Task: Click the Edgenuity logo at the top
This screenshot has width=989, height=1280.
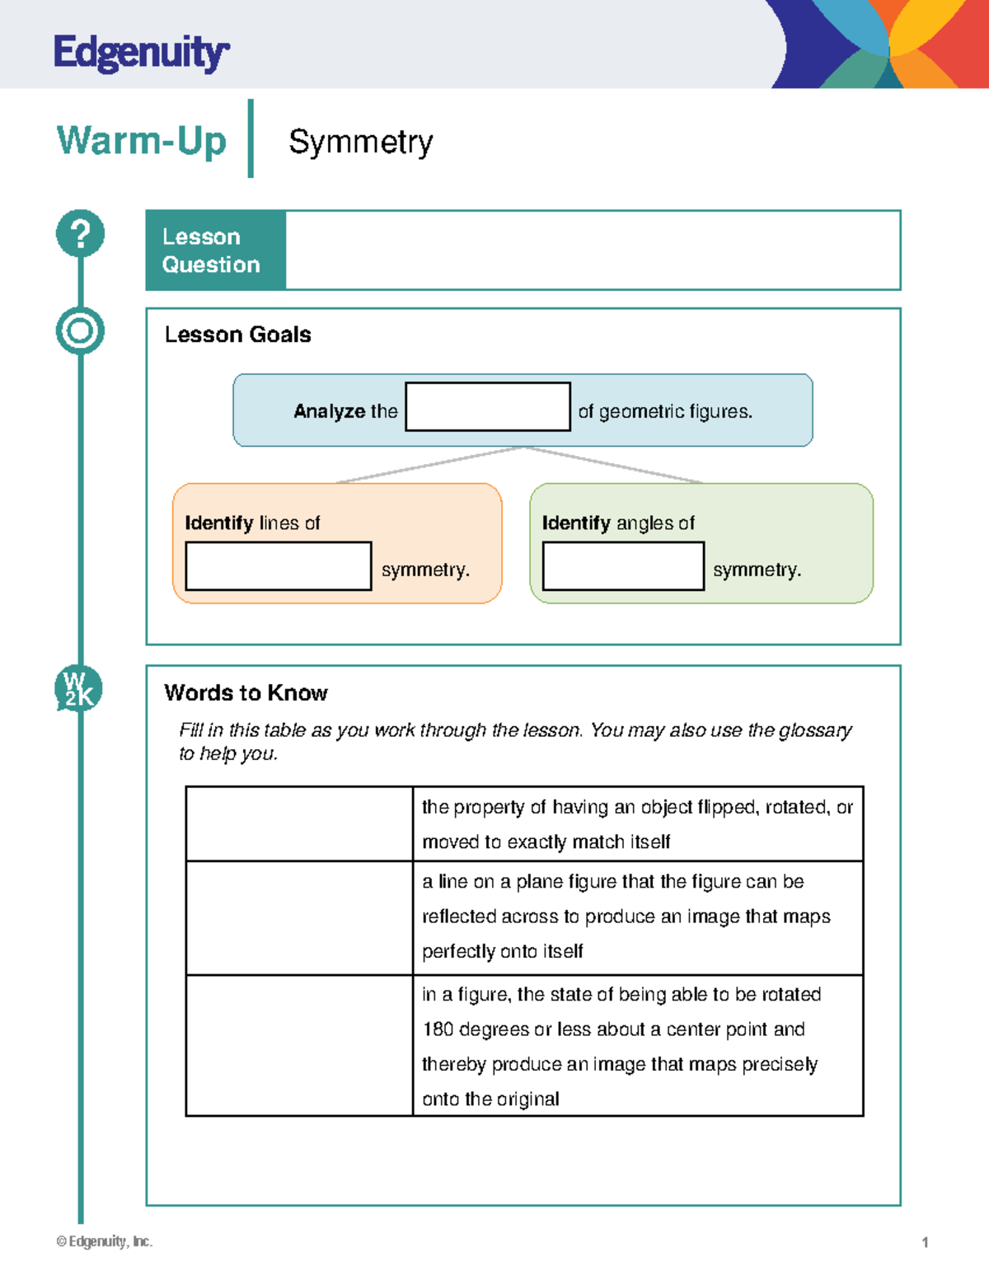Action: point(141,53)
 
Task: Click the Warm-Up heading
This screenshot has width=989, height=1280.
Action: point(141,141)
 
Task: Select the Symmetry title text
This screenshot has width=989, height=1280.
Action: point(360,142)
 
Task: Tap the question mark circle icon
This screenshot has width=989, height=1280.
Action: point(80,233)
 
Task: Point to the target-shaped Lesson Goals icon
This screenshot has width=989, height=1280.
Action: point(80,331)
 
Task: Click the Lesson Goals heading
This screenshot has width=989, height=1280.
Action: point(237,335)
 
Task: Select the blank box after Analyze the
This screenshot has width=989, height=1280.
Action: point(487,406)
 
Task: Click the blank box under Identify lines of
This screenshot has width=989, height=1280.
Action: point(278,566)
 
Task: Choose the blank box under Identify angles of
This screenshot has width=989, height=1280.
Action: point(623,566)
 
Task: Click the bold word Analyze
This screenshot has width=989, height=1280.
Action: point(329,411)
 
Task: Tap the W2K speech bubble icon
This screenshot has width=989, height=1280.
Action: point(79,689)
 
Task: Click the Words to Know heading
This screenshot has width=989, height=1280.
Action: point(246,693)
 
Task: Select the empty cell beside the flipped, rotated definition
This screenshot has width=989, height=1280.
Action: point(298,824)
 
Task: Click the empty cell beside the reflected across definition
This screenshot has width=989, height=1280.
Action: point(298,917)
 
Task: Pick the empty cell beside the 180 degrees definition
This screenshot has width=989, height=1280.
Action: point(298,1045)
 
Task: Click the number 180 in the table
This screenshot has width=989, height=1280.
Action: point(438,1029)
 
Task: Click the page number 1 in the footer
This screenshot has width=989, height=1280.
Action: point(925,1242)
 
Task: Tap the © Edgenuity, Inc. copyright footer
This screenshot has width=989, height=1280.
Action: point(105,1241)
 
